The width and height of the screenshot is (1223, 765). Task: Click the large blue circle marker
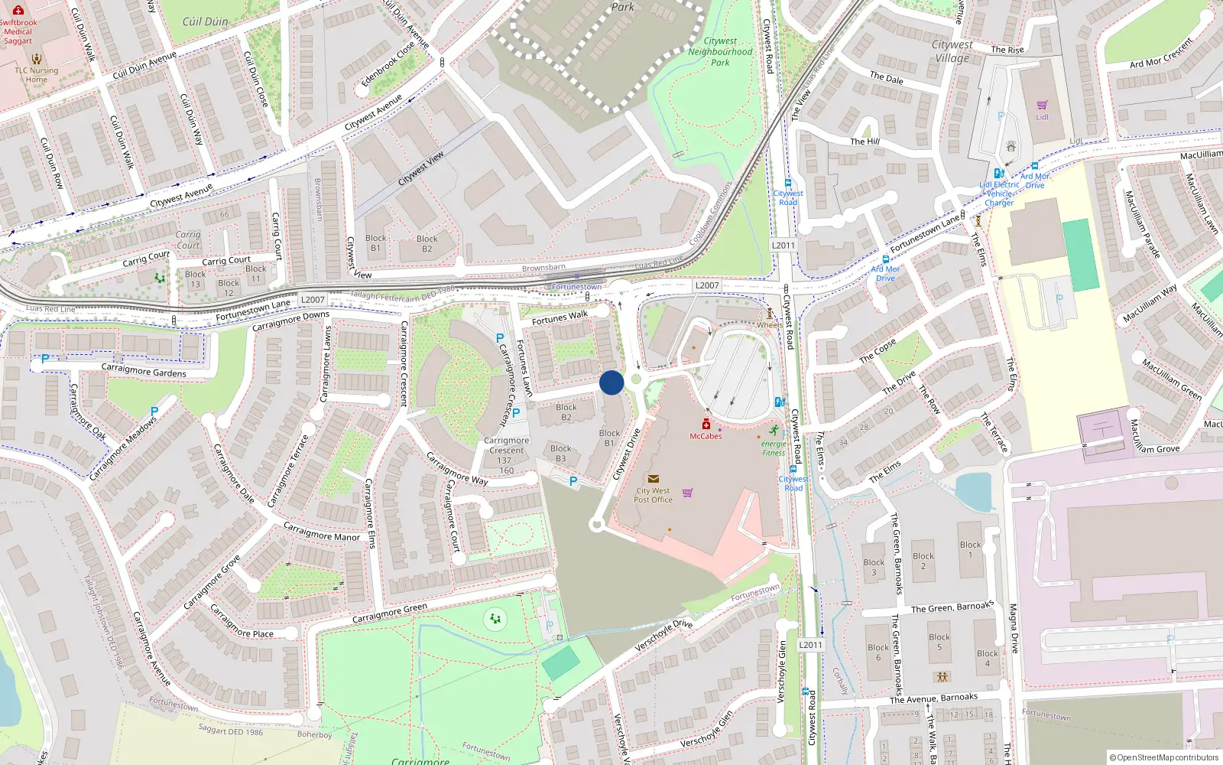coord(611,382)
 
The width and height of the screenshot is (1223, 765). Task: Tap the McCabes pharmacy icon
coord(706,424)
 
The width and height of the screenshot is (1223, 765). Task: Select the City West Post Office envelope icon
coord(653,479)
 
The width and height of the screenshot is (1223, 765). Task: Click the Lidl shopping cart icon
coord(1042,105)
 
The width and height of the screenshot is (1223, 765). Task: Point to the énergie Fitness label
coord(774,448)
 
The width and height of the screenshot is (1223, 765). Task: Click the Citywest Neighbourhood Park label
coord(720,52)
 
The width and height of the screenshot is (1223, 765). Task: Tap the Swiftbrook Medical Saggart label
coord(18,31)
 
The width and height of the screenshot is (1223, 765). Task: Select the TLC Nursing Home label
coord(37,74)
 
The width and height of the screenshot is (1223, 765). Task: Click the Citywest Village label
coord(952,51)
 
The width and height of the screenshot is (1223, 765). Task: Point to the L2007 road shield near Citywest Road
coord(707,285)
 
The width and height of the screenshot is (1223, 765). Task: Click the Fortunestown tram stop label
coord(576,287)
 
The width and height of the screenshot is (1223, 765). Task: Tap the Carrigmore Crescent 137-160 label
coord(506,455)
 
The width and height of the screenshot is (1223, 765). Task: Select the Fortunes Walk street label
coord(560,317)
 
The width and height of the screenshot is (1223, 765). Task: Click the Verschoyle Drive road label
coord(663,635)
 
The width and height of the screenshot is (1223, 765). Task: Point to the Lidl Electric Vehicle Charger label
coord(999,194)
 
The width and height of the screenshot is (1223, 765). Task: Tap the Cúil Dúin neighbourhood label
coord(205,21)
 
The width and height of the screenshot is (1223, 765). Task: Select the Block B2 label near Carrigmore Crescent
coord(566,412)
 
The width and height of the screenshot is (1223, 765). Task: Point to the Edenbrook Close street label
coord(388,63)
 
